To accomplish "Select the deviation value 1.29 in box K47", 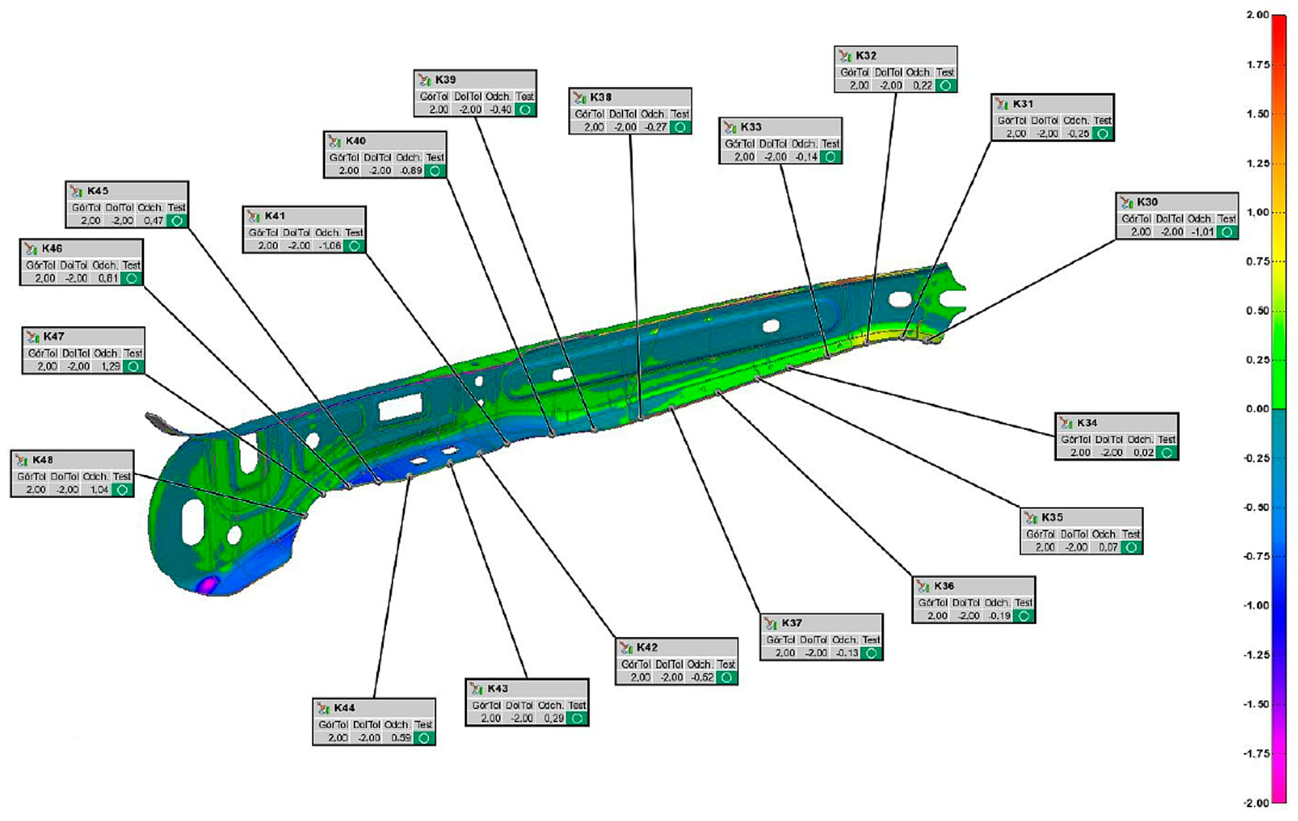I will click(x=111, y=367).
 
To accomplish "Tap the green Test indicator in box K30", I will click(x=1227, y=232).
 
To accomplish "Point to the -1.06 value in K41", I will click(x=330, y=246).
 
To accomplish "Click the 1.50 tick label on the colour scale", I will click(x=1257, y=114).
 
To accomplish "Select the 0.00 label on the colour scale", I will click(x=1257, y=409).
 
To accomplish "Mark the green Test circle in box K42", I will click(x=726, y=678).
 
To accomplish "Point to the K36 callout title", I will click(x=944, y=586).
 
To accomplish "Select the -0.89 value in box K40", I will click(x=411, y=171).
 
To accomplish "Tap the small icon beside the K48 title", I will click(x=21, y=461).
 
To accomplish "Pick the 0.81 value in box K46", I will click(x=108, y=279).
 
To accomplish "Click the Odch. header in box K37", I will click(x=844, y=640).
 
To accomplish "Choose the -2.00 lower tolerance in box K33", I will click(x=775, y=157).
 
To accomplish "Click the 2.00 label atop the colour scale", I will click(x=1257, y=15).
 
